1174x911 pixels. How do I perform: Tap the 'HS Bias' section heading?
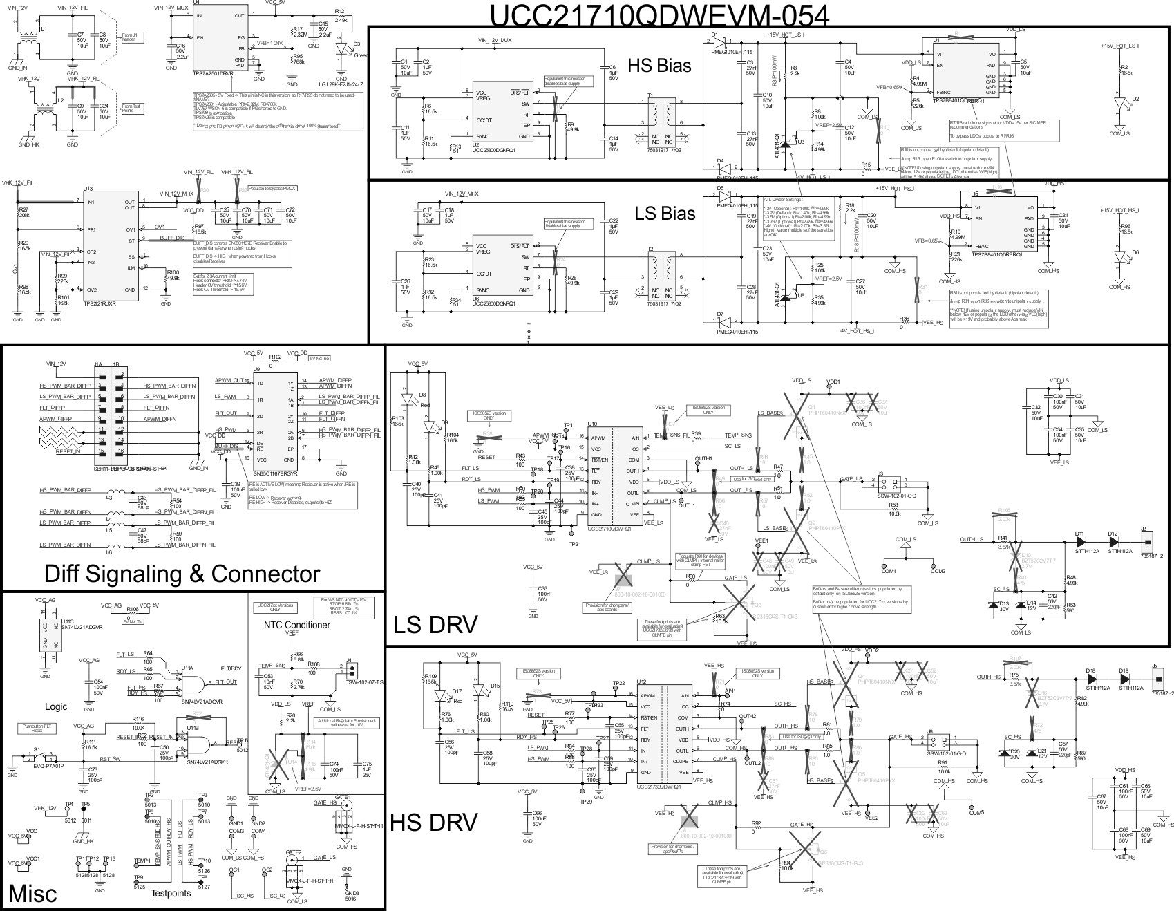coord(659,66)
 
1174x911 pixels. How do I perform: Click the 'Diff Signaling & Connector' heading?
coord(182,574)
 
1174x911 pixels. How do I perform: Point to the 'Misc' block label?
coord(32,894)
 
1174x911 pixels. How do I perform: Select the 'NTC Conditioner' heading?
coord(296,625)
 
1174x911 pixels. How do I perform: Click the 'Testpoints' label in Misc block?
coord(170,893)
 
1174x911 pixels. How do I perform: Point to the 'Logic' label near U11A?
coord(56,707)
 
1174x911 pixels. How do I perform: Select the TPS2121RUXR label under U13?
coord(100,303)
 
